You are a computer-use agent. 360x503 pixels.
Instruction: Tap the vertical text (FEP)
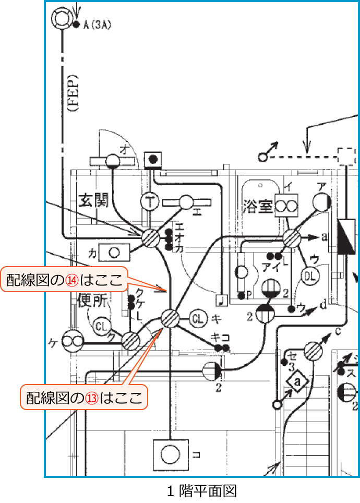click(73, 94)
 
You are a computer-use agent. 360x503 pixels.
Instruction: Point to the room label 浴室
click(258, 207)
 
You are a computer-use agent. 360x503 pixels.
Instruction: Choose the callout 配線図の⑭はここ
click(65, 280)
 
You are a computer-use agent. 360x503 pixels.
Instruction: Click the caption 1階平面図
click(202, 490)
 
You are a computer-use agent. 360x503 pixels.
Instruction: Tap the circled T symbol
click(150, 201)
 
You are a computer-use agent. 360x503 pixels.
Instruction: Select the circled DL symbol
click(310, 274)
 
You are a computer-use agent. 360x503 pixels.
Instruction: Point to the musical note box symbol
click(222, 300)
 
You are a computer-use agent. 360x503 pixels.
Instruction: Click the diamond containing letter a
click(297, 382)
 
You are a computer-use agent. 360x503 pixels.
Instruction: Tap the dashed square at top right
click(346, 156)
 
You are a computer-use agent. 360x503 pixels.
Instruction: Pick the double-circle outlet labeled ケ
click(73, 342)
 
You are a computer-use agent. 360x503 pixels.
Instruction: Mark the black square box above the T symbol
click(153, 159)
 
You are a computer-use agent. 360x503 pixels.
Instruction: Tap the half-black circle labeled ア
click(321, 202)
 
